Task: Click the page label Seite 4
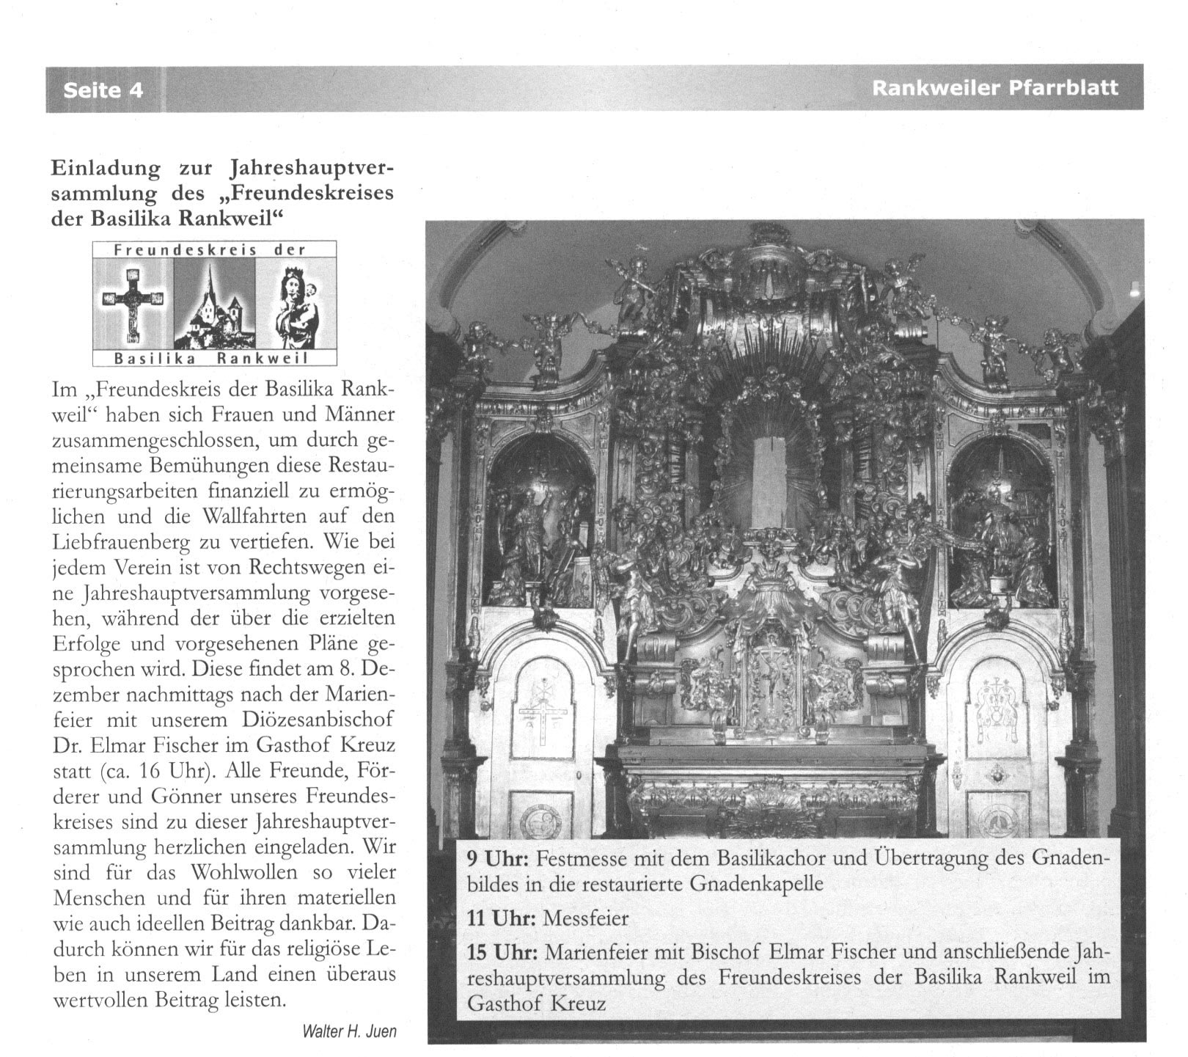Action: [x=103, y=89]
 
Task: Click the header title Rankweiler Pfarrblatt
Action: [x=994, y=88]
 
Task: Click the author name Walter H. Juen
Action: [x=349, y=1031]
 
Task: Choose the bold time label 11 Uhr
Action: [x=502, y=918]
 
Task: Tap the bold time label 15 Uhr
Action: [x=502, y=952]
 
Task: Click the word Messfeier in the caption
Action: [x=586, y=918]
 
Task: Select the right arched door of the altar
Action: [x=997, y=741]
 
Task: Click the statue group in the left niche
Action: [x=539, y=535]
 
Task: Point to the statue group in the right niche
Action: [x=1001, y=535]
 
